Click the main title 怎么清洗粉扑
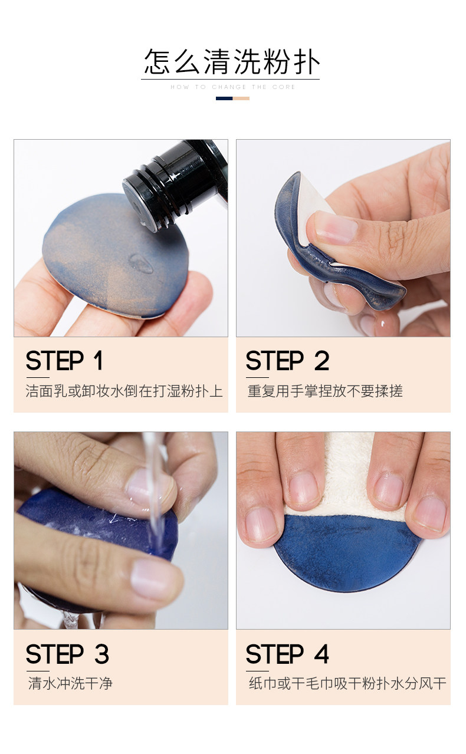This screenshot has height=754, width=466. click(232, 61)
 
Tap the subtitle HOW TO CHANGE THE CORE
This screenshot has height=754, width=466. click(232, 87)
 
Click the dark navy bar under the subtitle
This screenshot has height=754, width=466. click(224, 98)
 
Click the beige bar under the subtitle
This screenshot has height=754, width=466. click(241, 98)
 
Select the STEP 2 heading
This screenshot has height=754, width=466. click(287, 361)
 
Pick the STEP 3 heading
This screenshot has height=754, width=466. click(67, 654)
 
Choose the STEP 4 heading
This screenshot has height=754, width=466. click(287, 654)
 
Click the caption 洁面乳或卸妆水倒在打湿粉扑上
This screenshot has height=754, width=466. click(124, 391)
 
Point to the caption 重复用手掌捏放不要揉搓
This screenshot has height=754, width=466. click(325, 391)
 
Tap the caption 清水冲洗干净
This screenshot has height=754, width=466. click(70, 684)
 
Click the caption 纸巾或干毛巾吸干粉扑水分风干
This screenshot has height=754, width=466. click(347, 684)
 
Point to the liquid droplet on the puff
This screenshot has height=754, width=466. click(141, 264)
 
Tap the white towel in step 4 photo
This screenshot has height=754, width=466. click(347, 478)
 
